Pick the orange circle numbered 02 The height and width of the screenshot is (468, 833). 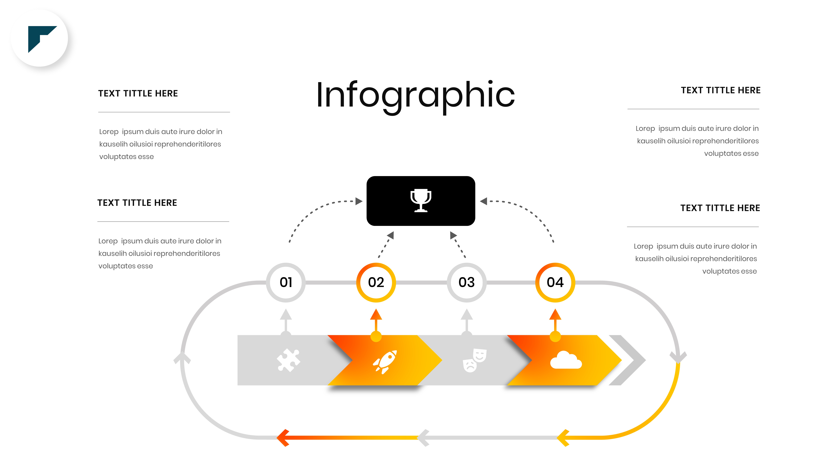click(x=376, y=282)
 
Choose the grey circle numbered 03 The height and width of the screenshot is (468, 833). click(x=466, y=282)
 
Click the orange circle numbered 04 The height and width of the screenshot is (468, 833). click(x=555, y=282)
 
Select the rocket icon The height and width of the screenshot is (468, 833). click(x=385, y=362)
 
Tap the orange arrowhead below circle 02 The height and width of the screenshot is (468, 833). click(x=376, y=315)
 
